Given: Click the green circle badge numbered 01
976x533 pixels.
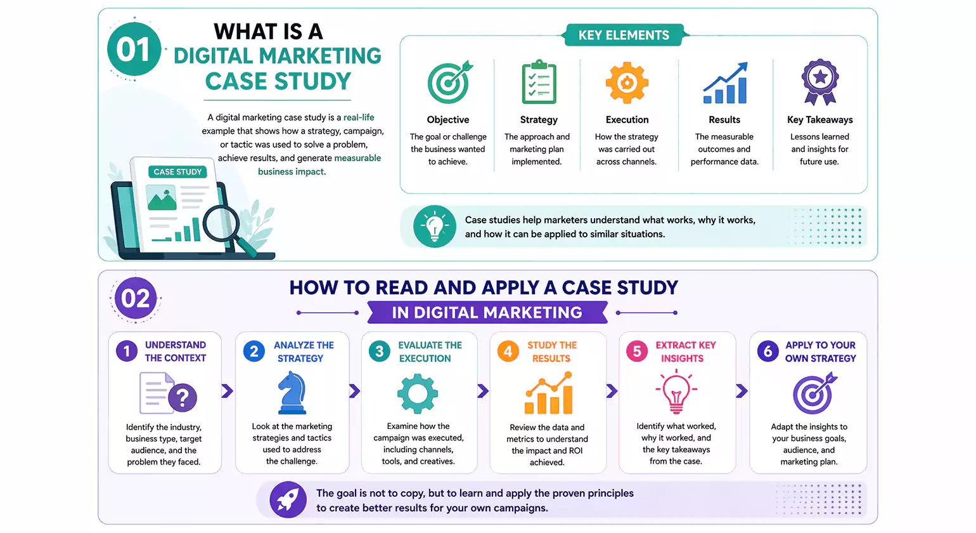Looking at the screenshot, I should pos(134,49).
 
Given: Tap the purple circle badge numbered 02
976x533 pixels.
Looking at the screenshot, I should pos(135,298).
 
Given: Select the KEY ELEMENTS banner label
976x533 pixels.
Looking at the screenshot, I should pos(624,36).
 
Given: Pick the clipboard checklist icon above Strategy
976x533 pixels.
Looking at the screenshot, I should pos(539,82).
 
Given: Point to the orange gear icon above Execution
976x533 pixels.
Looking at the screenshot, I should pos(627,82).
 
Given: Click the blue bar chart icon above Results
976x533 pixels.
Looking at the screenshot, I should pos(725,84).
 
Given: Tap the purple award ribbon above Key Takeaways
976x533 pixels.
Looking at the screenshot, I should pos(820,81).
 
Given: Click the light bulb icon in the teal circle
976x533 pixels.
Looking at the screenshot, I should pos(435,227).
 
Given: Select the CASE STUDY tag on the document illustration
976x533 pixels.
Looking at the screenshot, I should pos(177,172).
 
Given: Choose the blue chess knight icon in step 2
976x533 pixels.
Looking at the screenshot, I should pos(292,393).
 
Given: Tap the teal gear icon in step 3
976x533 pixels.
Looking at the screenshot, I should pos(418,394).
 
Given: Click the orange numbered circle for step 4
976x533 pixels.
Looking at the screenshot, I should pos(508,351).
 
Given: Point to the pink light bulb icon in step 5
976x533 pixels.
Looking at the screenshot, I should pos(676,392).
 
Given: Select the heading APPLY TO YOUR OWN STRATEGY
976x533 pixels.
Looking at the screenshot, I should pos(820,352).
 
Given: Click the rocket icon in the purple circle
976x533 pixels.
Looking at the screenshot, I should pos(288,499).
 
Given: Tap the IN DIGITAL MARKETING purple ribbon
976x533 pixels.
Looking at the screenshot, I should pos(487,312).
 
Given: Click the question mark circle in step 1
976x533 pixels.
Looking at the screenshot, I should pos(183,398).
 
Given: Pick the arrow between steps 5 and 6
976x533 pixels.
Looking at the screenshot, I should pos(742,391).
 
